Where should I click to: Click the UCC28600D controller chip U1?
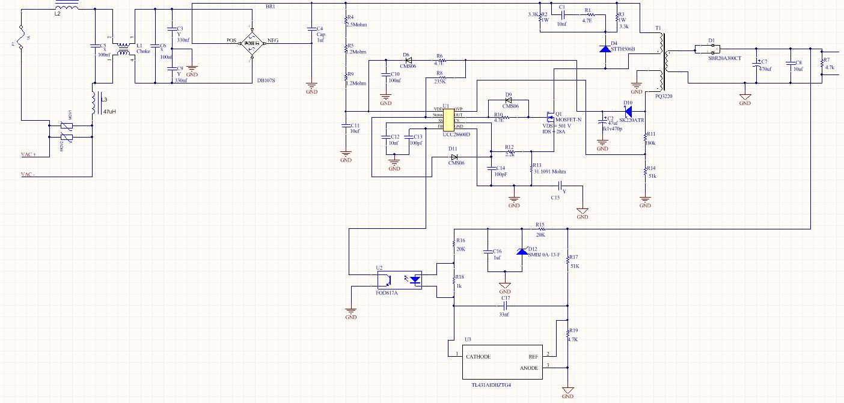(x=448, y=118)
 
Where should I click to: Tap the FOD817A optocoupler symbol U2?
(x=399, y=280)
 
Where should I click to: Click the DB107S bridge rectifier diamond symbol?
(x=251, y=43)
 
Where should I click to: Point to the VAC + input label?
(x=28, y=154)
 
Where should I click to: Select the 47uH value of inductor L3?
(x=109, y=112)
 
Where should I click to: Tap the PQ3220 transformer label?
(x=664, y=95)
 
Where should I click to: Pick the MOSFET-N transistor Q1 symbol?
(x=549, y=115)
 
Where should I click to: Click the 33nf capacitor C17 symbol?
(x=505, y=305)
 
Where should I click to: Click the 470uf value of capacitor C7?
(x=765, y=69)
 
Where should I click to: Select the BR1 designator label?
(x=270, y=7)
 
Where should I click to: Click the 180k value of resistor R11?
(x=651, y=143)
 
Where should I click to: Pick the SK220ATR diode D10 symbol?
(x=628, y=112)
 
